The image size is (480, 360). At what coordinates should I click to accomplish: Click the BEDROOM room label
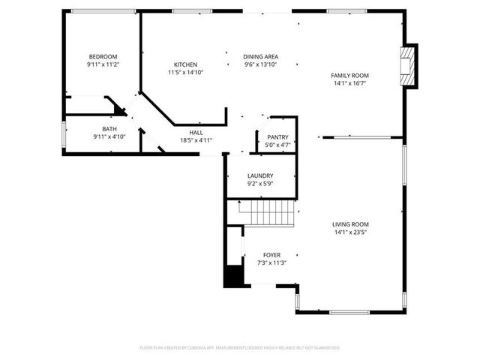coord(103,57)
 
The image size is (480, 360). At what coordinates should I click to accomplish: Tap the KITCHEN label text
coord(185,64)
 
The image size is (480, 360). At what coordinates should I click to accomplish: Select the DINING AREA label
coord(261,57)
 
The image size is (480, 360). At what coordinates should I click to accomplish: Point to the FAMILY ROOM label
coord(350,75)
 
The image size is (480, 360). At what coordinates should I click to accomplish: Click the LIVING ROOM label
coord(351,223)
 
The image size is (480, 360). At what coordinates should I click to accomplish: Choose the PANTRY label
coord(277,137)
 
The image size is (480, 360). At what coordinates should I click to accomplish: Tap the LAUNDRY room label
coord(260,175)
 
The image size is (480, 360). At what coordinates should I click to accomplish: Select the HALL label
coord(196,132)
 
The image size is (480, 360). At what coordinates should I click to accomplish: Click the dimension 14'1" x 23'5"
coord(351,232)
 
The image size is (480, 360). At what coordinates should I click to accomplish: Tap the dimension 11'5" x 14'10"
coord(185,73)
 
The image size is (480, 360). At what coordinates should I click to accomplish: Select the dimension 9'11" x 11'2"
coord(103,65)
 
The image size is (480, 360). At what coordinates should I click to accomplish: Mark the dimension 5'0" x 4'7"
coord(277,145)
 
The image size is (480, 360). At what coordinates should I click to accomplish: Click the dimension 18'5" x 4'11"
coord(196,140)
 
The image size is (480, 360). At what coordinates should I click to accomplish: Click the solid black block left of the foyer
coord(234,275)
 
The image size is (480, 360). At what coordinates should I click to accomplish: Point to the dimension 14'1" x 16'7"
coord(350,83)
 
